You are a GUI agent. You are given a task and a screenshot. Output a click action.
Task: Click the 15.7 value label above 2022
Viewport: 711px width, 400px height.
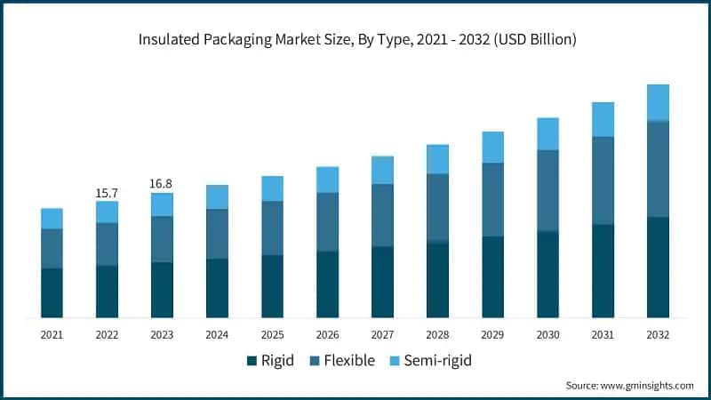click(x=107, y=193)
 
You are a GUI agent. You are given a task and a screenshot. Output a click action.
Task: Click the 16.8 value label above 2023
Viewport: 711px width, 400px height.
click(x=162, y=184)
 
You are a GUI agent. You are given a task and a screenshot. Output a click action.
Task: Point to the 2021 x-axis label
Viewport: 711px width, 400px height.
click(x=52, y=334)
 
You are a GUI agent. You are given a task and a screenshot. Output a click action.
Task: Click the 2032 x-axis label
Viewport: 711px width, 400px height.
click(x=658, y=334)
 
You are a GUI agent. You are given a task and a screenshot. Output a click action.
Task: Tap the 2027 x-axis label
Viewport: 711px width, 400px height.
click(x=382, y=334)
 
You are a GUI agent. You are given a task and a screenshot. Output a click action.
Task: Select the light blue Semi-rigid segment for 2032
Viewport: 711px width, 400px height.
click(x=658, y=102)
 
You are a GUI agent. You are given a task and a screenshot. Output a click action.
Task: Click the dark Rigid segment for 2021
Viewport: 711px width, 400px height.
click(x=52, y=292)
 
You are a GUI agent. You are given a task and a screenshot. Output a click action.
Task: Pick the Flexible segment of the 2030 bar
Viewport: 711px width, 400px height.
click(x=547, y=190)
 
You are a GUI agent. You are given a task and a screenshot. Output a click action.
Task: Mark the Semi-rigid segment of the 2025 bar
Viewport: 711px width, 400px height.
click(x=272, y=188)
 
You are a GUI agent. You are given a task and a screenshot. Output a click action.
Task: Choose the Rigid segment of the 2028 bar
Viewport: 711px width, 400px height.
click(x=437, y=279)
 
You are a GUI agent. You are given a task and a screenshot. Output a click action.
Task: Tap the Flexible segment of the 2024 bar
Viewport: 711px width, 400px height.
click(x=217, y=234)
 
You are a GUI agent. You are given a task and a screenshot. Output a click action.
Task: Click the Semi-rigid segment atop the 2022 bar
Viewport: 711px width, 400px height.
click(x=107, y=212)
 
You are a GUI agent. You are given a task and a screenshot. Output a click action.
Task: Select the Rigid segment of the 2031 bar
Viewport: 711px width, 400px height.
click(x=603, y=270)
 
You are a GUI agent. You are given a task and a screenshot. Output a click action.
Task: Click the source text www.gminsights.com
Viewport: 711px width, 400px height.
click(x=648, y=385)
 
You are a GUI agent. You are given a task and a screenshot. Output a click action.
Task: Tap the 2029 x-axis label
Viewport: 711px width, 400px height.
click(x=492, y=334)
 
